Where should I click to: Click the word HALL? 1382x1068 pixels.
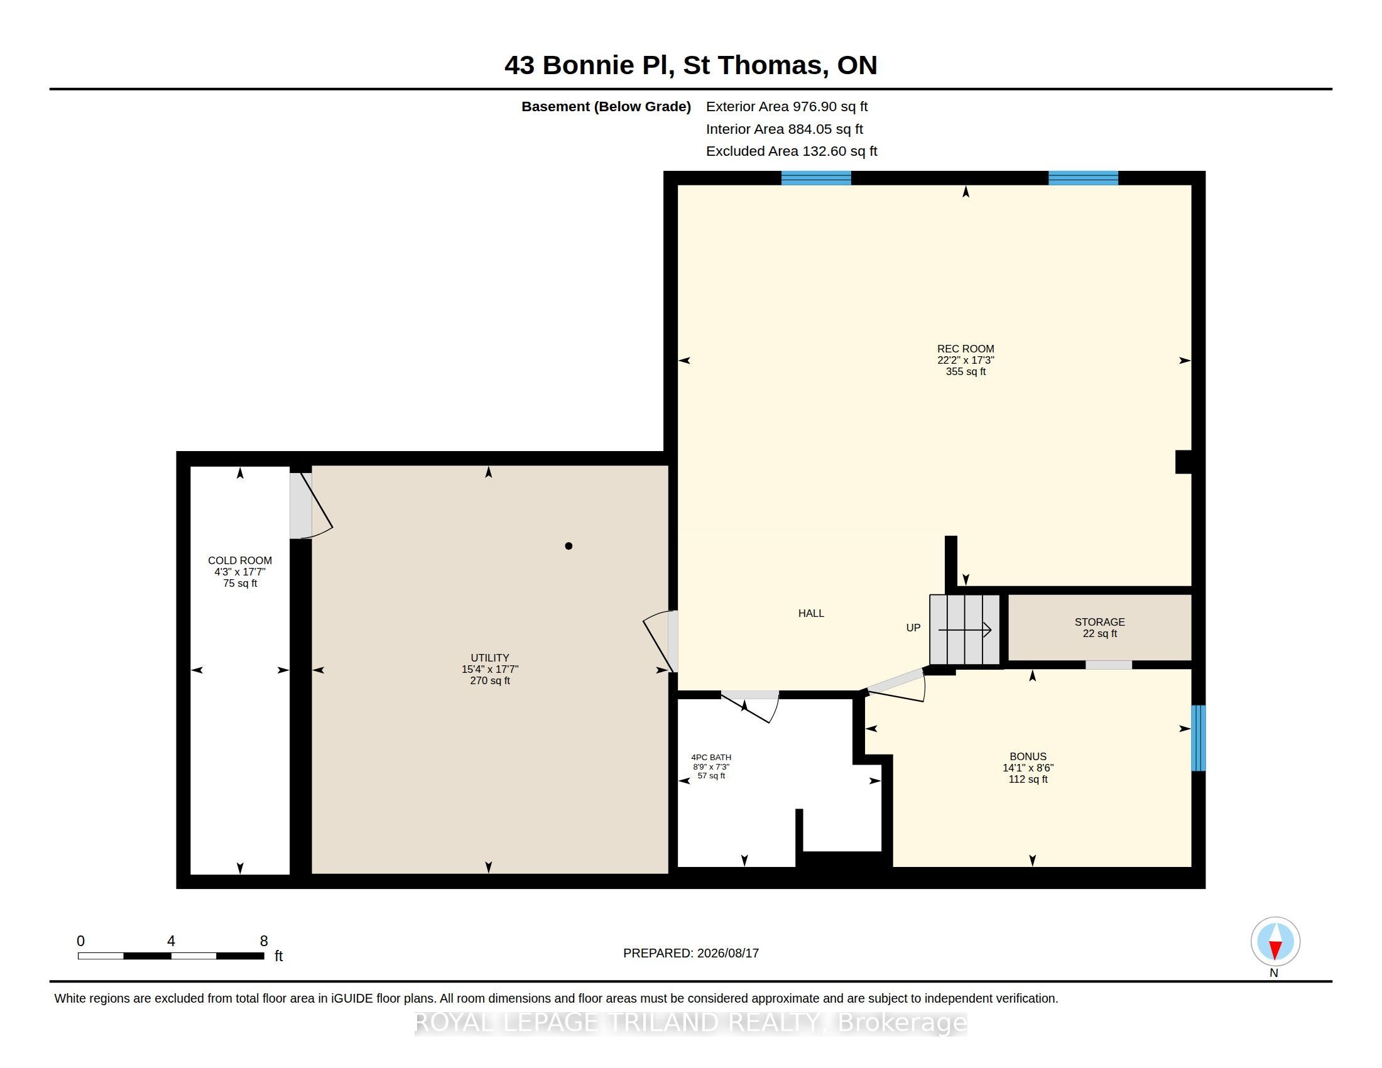click(811, 613)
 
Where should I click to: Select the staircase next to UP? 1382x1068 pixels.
click(964, 629)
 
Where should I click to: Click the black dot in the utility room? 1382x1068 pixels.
click(569, 546)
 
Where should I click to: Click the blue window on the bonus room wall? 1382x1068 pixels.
click(1199, 738)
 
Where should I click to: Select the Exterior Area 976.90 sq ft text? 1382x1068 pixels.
click(786, 106)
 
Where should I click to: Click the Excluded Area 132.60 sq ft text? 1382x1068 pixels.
click(792, 151)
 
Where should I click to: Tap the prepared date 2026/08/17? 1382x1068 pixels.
click(727, 953)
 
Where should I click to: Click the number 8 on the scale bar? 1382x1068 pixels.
click(264, 941)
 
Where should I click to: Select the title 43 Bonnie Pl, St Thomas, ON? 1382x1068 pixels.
click(691, 65)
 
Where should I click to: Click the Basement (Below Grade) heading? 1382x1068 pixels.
click(606, 106)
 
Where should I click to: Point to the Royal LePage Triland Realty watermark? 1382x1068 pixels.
click(691, 1023)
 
